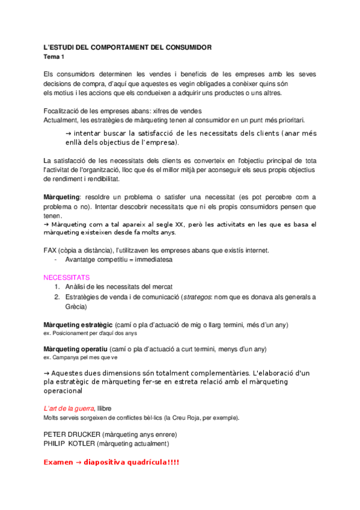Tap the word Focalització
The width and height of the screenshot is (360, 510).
[64, 111]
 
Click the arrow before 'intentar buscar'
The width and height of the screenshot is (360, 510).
[67, 134]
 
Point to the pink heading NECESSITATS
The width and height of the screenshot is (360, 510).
[67, 278]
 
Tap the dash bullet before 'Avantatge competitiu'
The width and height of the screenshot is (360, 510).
[55, 260]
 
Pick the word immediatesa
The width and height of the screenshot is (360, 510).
[153, 260]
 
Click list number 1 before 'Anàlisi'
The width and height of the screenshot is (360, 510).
[56, 287]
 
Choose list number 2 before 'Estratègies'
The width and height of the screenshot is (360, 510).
[56, 297]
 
